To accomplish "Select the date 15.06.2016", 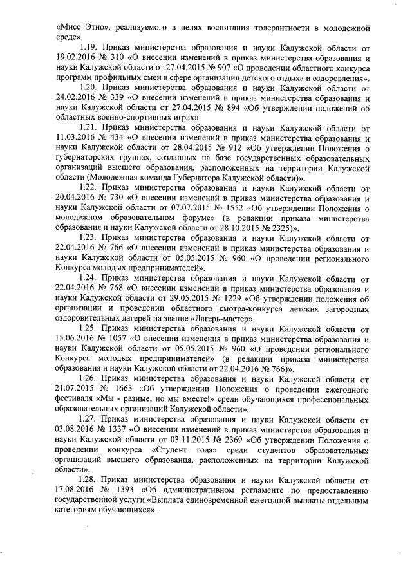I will click(x=78, y=337).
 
